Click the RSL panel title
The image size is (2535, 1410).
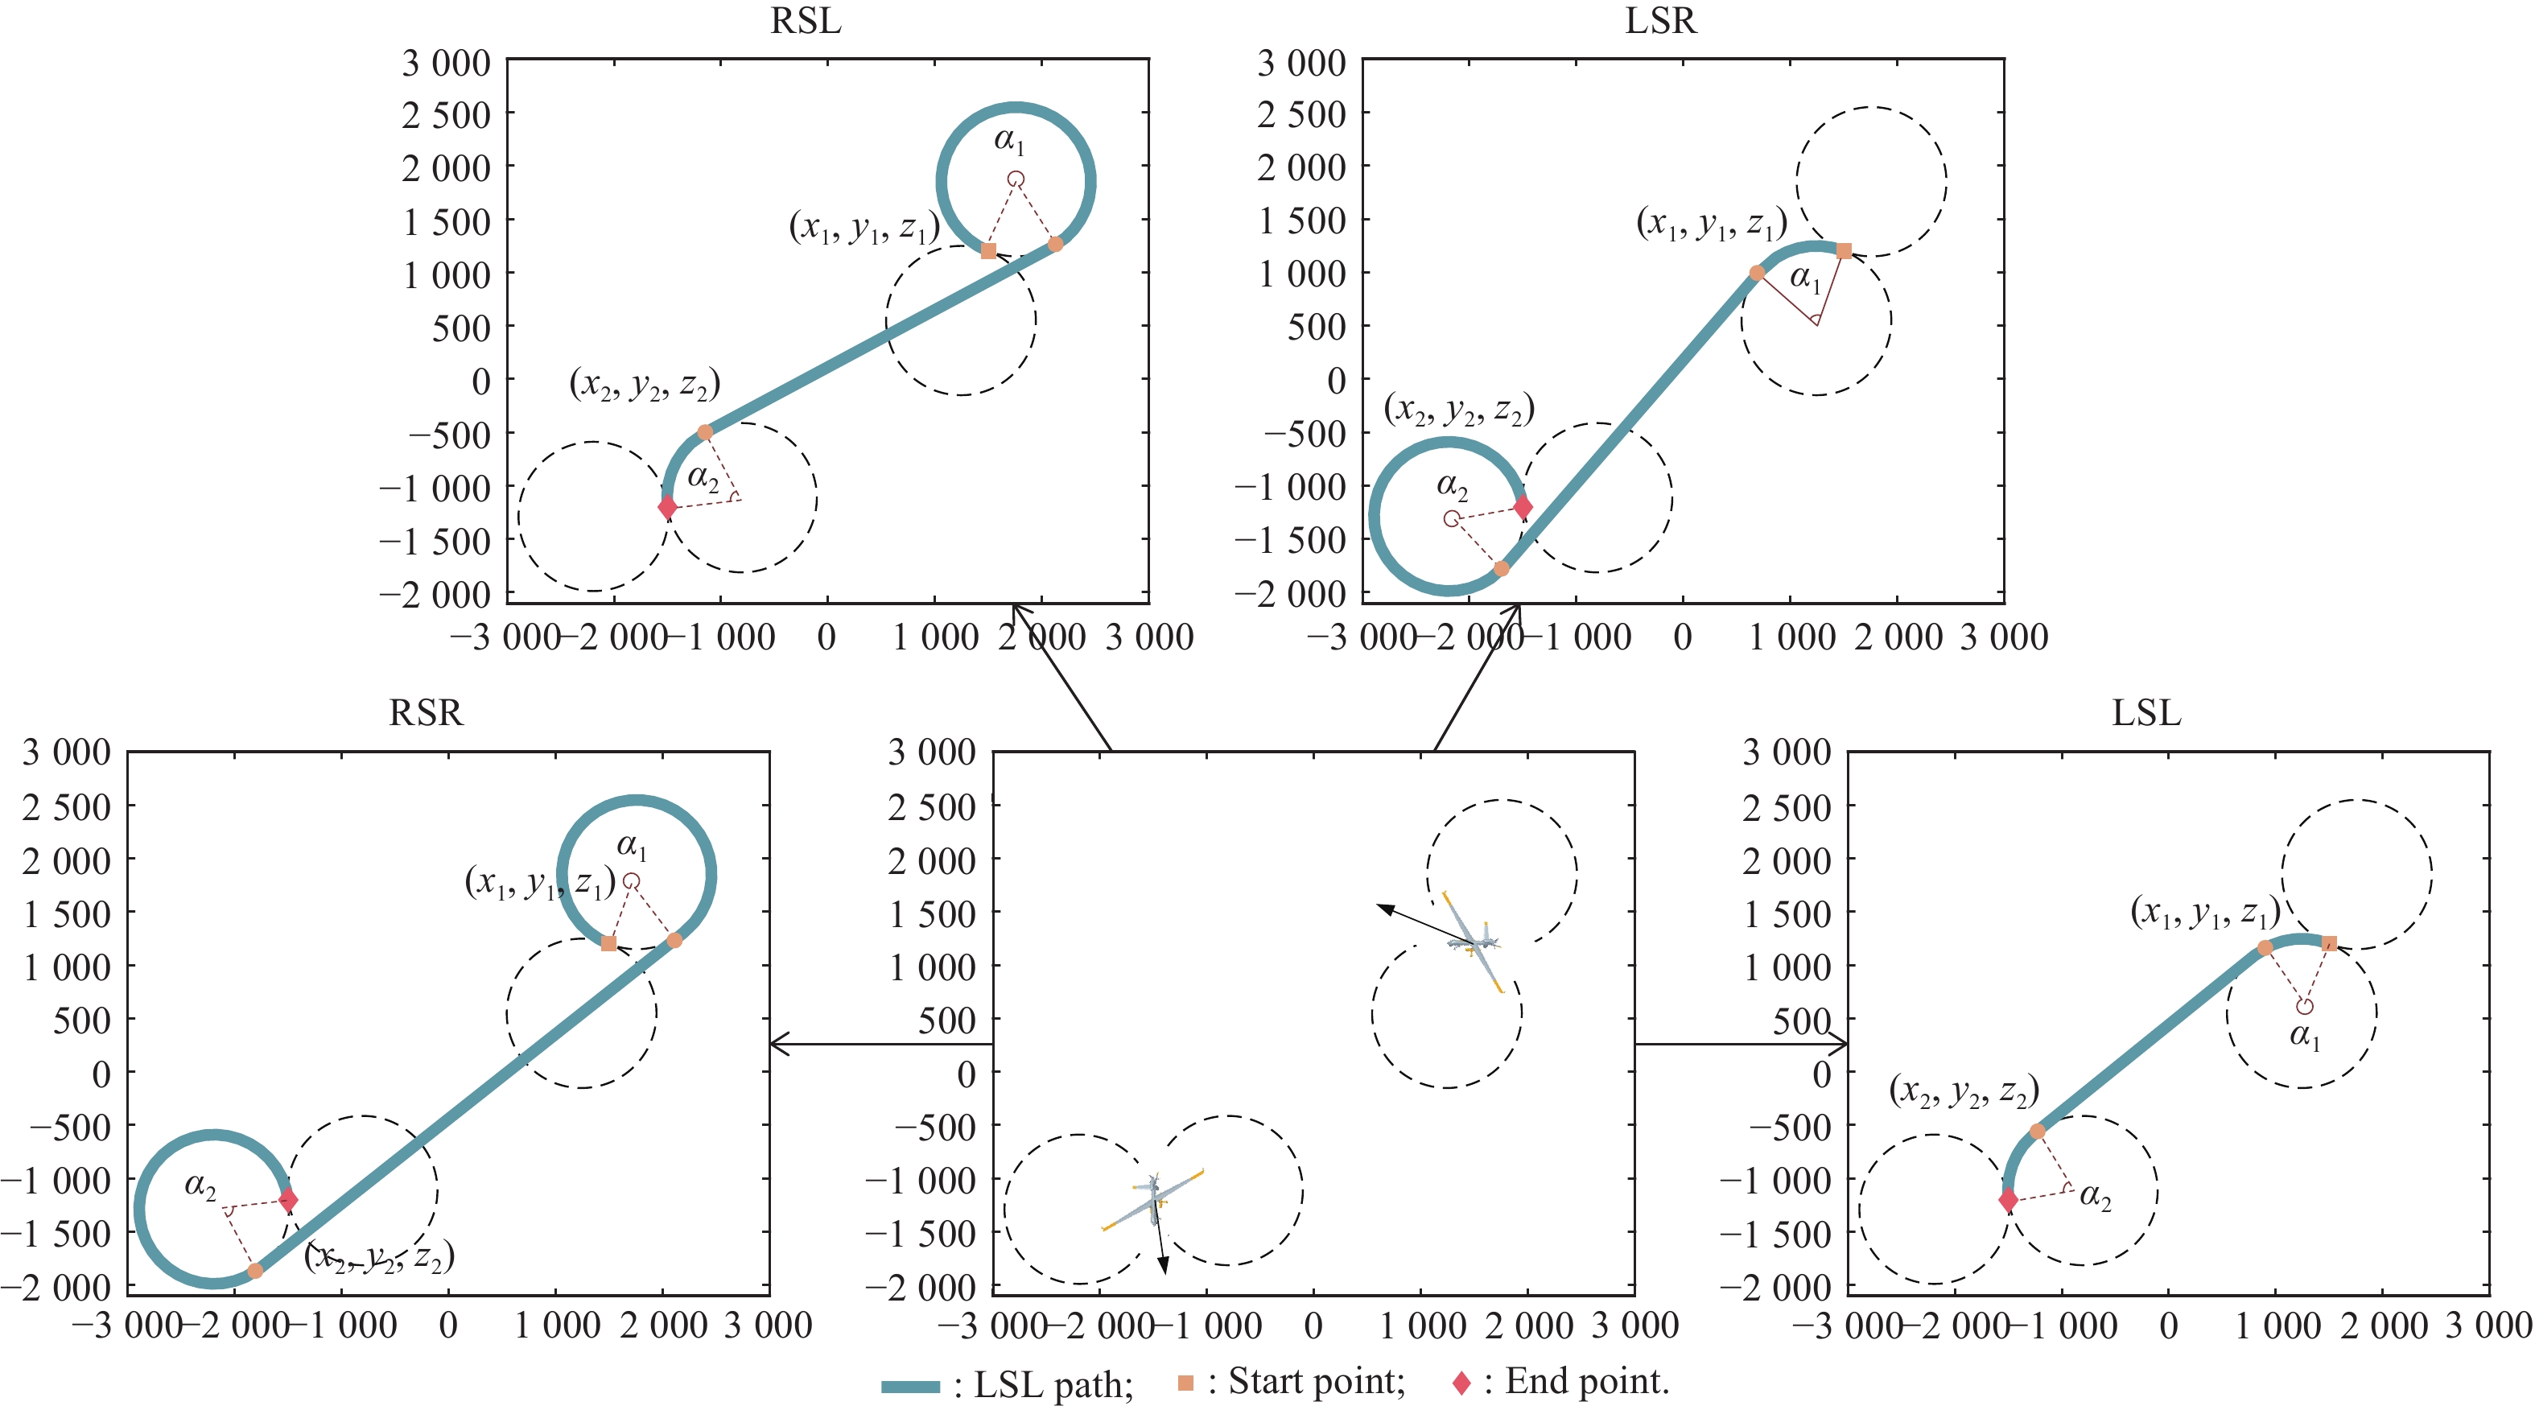click(x=806, y=21)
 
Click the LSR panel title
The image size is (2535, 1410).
click(x=1660, y=21)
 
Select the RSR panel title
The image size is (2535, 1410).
click(x=425, y=712)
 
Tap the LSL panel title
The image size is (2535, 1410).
click(x=2146, y=712)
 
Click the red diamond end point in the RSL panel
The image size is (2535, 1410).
click(x=667, y=507)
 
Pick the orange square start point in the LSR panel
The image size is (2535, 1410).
click(x=1845, y=251)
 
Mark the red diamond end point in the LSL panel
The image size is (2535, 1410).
click(x=2009, y=1199)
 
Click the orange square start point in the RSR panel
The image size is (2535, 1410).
click(x=609, y=943)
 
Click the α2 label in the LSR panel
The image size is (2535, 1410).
click(x=1453, y=485)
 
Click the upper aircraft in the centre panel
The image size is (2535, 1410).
click(x=1474, y=942)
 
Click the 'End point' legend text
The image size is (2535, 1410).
click(x=1586, y=1382)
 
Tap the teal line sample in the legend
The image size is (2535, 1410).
click(x=910, y=1387)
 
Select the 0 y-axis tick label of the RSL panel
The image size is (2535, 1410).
click(x=480, y=381)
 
